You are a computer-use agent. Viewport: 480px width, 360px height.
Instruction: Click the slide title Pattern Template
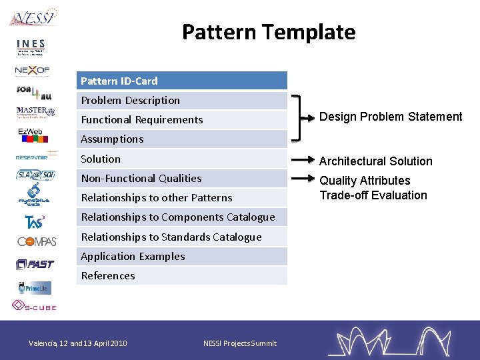tap(269, 32)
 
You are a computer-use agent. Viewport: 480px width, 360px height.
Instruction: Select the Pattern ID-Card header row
tap(181, 81)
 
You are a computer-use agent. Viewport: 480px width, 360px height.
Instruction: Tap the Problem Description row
tap(181, 100)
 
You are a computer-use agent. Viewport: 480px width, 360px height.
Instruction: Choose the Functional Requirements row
tap(181, 120)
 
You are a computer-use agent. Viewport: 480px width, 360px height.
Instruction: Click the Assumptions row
tap(181, 139)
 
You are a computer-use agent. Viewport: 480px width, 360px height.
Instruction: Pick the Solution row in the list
tap(181, 159)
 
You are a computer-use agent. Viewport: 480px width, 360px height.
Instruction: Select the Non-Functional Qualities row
tap(181, 178)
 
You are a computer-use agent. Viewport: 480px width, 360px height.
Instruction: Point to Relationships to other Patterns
tap(181, 198)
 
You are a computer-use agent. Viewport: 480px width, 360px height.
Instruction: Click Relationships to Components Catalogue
tap(181, 217)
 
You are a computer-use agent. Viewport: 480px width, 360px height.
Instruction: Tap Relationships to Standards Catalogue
tap(181, 237)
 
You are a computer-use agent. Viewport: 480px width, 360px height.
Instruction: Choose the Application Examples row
tap(181, 256)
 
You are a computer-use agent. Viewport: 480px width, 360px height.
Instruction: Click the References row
tap(181, 276)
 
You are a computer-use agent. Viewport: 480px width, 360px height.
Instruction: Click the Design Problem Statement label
tap(391, 117)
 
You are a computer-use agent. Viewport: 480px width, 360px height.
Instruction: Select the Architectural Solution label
tap(376, 161)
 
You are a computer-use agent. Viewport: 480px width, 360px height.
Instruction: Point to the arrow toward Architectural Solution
tap(303, 161)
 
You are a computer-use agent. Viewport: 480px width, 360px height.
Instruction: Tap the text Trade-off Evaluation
tap(373, 195)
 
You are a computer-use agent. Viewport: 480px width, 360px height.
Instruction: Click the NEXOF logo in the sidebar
tap(33, 69)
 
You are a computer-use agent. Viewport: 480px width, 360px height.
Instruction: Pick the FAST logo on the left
tap(35, 265)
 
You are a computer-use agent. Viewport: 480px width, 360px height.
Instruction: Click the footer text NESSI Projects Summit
tap(239, 343)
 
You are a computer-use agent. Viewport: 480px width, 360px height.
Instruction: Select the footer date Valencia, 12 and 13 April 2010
tap(77, 343)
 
